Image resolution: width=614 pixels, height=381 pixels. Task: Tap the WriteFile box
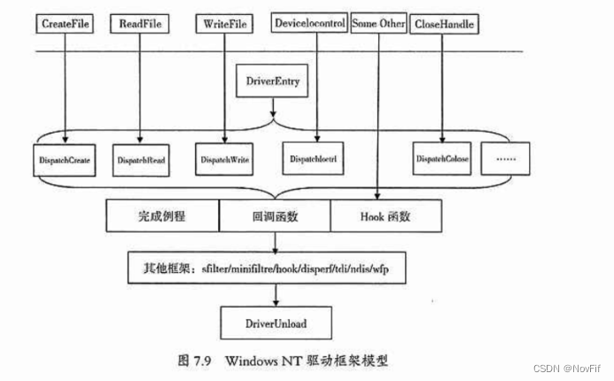point(226,24)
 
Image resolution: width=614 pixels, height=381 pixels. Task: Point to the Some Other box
point(377,24)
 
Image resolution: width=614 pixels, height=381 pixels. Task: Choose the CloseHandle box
point(445,24)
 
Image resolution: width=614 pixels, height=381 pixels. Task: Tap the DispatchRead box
point(142,160)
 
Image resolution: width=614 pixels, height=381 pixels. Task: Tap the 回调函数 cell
point(275,214)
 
